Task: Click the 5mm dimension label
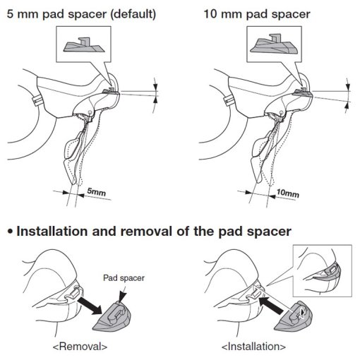click(x=97, y=192)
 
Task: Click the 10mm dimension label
click(x=288, y=193)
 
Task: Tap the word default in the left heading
click(x=133, y=14)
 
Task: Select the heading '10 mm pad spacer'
click(x=257, y=14)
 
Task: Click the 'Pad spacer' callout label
click(x=124, y=278)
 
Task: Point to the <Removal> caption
click(x=80, y=347)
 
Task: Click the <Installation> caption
click(x=253, y=347)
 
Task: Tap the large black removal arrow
click(x=90, y=305)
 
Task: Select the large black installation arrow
click(x=270, y=305)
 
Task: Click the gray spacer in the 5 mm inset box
click(x=84, y=46)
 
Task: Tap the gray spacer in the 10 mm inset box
click(x=274, y=45)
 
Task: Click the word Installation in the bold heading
click(x=52, y=232)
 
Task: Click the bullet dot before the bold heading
click(x=10, y=232)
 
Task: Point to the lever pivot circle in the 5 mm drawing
click(x=90, y=112)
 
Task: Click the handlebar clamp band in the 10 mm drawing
click(x=228, y=100)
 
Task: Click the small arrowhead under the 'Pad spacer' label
click(x=123, y=296)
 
